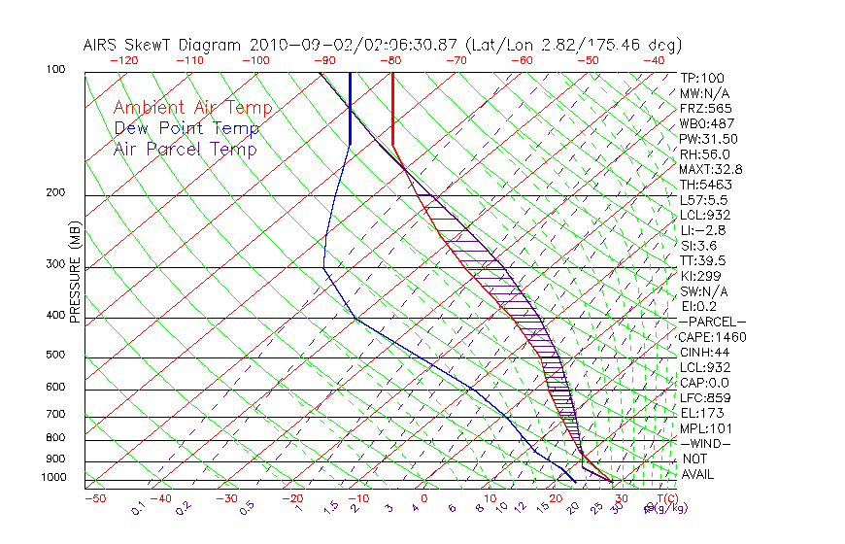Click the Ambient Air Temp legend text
point(192,108)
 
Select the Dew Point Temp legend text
point(186,128)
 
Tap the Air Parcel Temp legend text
point(185,149)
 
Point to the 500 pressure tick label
point(56,355)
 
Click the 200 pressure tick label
point(56,192)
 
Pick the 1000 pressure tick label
point(53,478)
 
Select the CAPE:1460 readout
point(713,337)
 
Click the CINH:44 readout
point(705,353)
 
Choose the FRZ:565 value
point(705,108)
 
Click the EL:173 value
point(701,413)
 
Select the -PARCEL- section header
point(713,322)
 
